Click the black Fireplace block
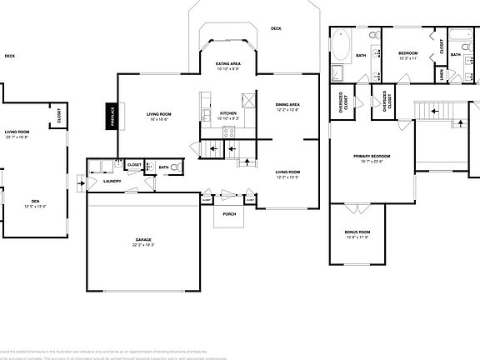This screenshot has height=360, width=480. pyautogui.click(x=111, y=117)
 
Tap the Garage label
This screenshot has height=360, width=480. pyautogui.click(x=144, y=240)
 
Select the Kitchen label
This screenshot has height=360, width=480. pyautogui.click(x=228, y=112)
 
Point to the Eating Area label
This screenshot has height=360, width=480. pyautogui.click(x=228, y=63)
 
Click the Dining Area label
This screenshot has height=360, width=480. pyautogui.click(x=287, y=104)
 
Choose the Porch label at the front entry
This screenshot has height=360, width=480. pyautogui.click(x=228, y=213)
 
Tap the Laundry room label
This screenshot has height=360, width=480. pyautogui.click(x=112, y=181)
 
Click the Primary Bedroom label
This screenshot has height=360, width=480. pyautogui.click(x=372, y=157)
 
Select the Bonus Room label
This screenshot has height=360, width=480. pyautogui.click(x=357, y=232)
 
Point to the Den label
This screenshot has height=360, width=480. pyautogui.click(x=34, y=201)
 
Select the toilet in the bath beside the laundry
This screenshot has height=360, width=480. pyautogui.click(x=175, y=167)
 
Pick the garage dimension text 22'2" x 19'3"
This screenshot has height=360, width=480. pyautogui.click(x=144, y=246)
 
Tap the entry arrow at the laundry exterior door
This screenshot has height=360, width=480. pyautogui.click(x=80, y=181)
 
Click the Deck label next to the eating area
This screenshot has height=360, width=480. pyautogui.click(x=276, y=29)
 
